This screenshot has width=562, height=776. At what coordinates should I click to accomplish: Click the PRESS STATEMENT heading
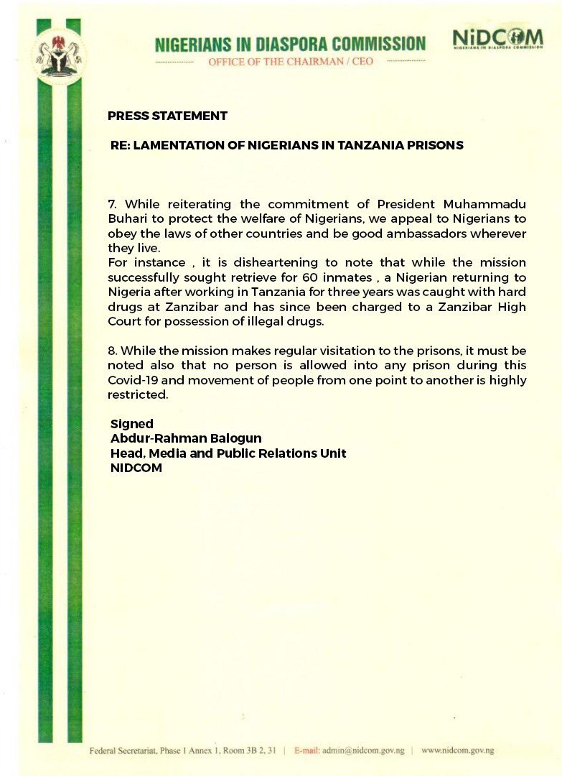(167, 116)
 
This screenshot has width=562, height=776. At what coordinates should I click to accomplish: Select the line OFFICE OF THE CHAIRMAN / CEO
(291, 63)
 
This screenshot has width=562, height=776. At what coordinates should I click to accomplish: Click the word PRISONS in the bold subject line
(434, 145)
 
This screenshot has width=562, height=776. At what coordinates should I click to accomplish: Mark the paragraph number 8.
(111, 351)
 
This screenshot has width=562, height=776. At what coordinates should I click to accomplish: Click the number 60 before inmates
(305, 278)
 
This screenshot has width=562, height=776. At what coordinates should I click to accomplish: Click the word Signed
(132, 425)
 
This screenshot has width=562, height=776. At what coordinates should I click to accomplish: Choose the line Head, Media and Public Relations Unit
(228, 453)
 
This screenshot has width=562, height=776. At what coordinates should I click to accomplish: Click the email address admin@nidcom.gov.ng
(367, 751)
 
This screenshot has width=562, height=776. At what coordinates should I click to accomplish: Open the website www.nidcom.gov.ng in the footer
(457, 751)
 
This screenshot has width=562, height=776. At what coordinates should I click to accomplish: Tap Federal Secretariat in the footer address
(122, 751)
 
